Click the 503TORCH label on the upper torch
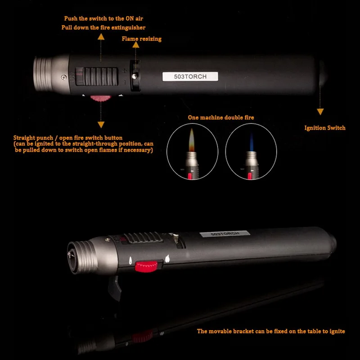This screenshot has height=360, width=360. coord(190,76)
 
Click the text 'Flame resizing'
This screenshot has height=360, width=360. coord(141,39)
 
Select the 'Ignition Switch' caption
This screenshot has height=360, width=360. coord(325,128)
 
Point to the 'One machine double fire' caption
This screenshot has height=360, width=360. coord(221,117)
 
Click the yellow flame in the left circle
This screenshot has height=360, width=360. coord(191,137)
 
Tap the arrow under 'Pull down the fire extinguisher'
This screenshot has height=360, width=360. coord(101,38)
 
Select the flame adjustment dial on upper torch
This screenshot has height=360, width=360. coord(134,72)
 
